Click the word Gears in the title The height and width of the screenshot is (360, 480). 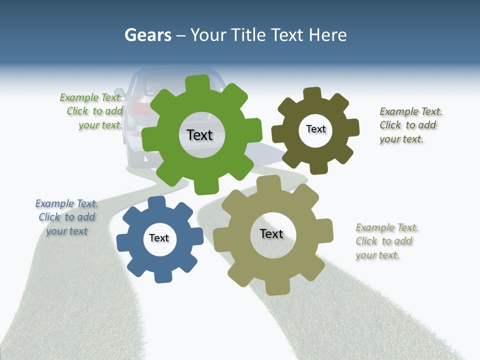coord(148,35)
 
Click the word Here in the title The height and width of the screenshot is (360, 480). coord(327,35)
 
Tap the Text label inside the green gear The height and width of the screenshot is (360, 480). coord(199,135)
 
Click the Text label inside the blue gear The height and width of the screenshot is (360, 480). coord(159,238)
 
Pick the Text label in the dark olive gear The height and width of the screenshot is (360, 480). coord(315,129)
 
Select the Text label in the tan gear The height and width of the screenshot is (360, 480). coord(271,233)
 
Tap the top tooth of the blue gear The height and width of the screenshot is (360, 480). coord(157,203)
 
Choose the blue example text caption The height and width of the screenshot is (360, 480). coord(66,217)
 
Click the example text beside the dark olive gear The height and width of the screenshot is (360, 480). coord(410,125)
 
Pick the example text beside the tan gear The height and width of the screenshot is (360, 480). coord(386,241)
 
